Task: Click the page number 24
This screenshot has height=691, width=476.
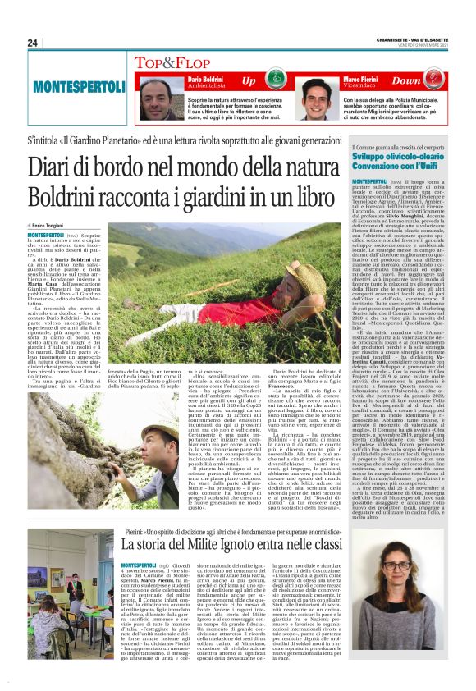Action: coord(32,43)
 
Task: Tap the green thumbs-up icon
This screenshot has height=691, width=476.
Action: coord(277,81)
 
